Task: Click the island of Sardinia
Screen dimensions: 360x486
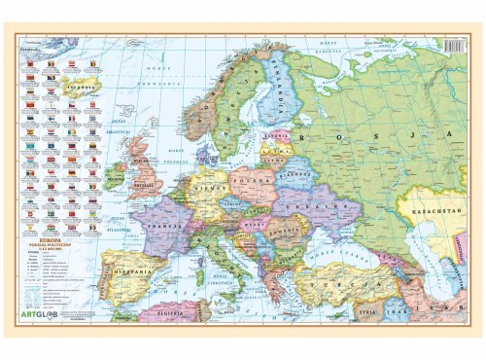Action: (x=191, y=276)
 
